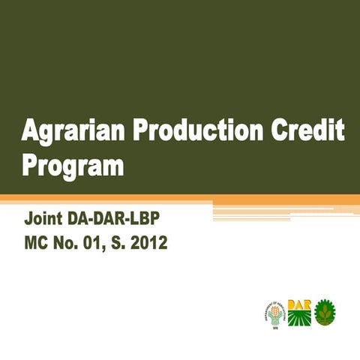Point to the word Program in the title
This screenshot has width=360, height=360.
[73, 163]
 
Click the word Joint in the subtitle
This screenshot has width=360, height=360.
[44, 221]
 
